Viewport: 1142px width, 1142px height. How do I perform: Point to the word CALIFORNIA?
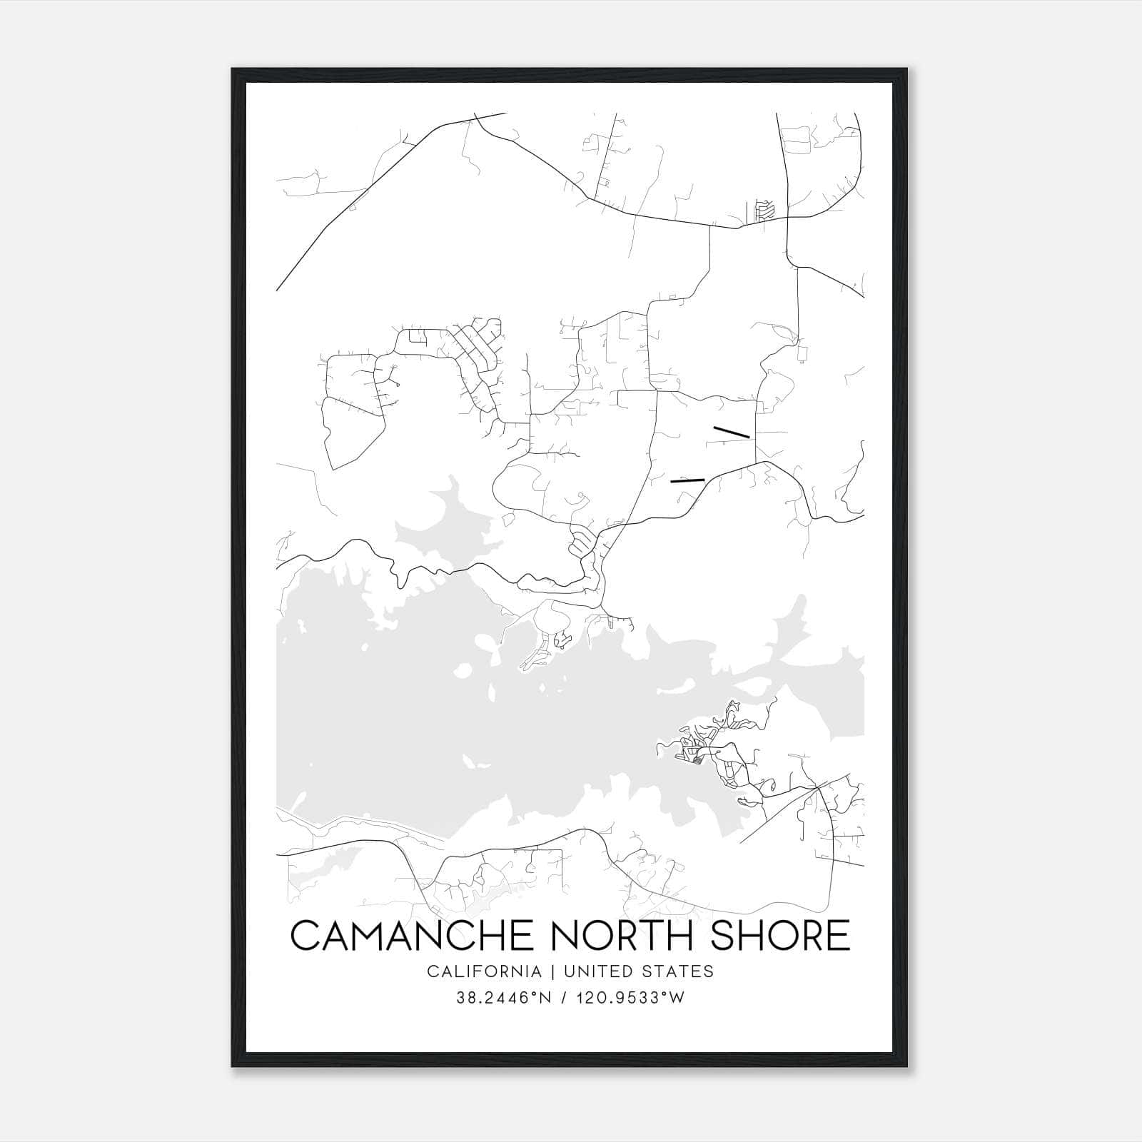(484, 971)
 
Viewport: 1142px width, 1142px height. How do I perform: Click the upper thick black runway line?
(731, 432)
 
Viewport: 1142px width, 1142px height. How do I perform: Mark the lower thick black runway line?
(687, 480)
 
